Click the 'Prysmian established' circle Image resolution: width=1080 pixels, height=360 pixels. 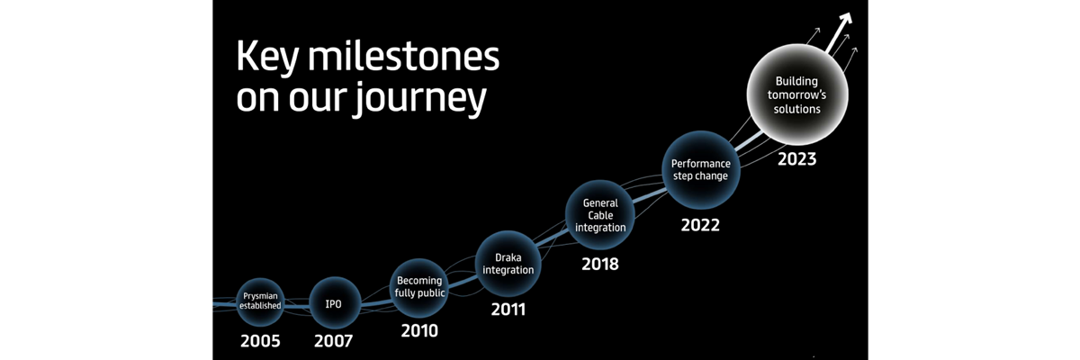coord(260,301)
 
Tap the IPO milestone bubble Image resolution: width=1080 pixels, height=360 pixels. coord(335,303)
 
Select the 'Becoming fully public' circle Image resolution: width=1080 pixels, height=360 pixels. coord(419,288)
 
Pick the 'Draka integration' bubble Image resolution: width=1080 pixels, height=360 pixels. coord(508,264)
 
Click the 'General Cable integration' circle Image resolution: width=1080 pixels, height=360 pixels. coord(600,215)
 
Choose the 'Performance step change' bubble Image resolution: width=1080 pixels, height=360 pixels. coord(700,169)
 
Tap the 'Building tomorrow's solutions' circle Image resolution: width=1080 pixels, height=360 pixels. coord(797,94)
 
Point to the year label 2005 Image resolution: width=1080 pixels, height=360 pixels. coord(260,341)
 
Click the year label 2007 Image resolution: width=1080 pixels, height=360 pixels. coord(334,341)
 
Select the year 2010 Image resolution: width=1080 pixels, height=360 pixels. coord(419,330)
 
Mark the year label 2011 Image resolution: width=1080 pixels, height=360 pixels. coord(508,310)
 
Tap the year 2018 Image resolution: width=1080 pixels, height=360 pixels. coord(600,264)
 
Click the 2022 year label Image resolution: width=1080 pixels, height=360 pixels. coord(700,225)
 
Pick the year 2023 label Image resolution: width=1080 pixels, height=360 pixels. coord(797,159)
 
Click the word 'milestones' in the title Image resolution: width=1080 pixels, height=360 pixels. coord(403,57)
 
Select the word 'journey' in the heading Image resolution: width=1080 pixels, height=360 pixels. coord(421,99)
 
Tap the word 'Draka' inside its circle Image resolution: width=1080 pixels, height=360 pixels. coord(508,257)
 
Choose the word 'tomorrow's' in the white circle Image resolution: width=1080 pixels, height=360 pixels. coord(797,94)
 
